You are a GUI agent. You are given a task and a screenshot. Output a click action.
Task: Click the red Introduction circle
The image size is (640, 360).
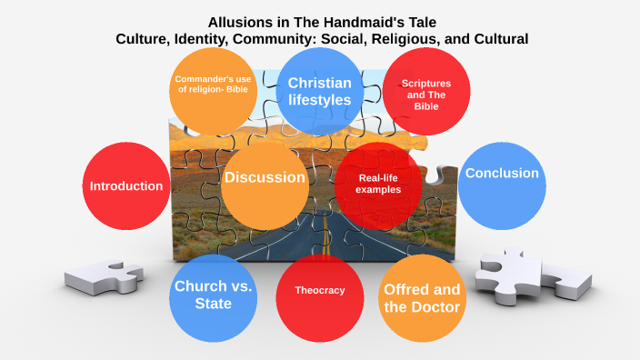pyautogui.click(x=126, y=185)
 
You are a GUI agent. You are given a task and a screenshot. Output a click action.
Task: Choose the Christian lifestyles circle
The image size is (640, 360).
pyautogui.click(x=319, y=91)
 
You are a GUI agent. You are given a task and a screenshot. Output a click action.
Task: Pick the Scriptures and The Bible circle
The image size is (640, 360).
pyautogui.click(x=426, y=94)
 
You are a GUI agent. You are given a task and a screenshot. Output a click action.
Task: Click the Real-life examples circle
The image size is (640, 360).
pyautogui.click(x=378, y=185)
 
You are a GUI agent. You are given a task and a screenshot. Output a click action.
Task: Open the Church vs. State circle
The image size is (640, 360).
pyautogui.click(x=213, y=295)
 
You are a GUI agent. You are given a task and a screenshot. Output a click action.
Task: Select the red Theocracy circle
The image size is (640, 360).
pyautogui.click(x=320, y=291)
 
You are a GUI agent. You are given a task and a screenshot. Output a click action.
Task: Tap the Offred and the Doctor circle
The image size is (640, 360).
pyautogui.click(x=422, y=298)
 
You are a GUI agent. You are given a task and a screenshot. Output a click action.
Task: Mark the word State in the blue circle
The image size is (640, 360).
pyautogui.click(x=213, y=304)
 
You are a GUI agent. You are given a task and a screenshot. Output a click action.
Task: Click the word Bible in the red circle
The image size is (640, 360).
pyautogui.click(x=426, y=106)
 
